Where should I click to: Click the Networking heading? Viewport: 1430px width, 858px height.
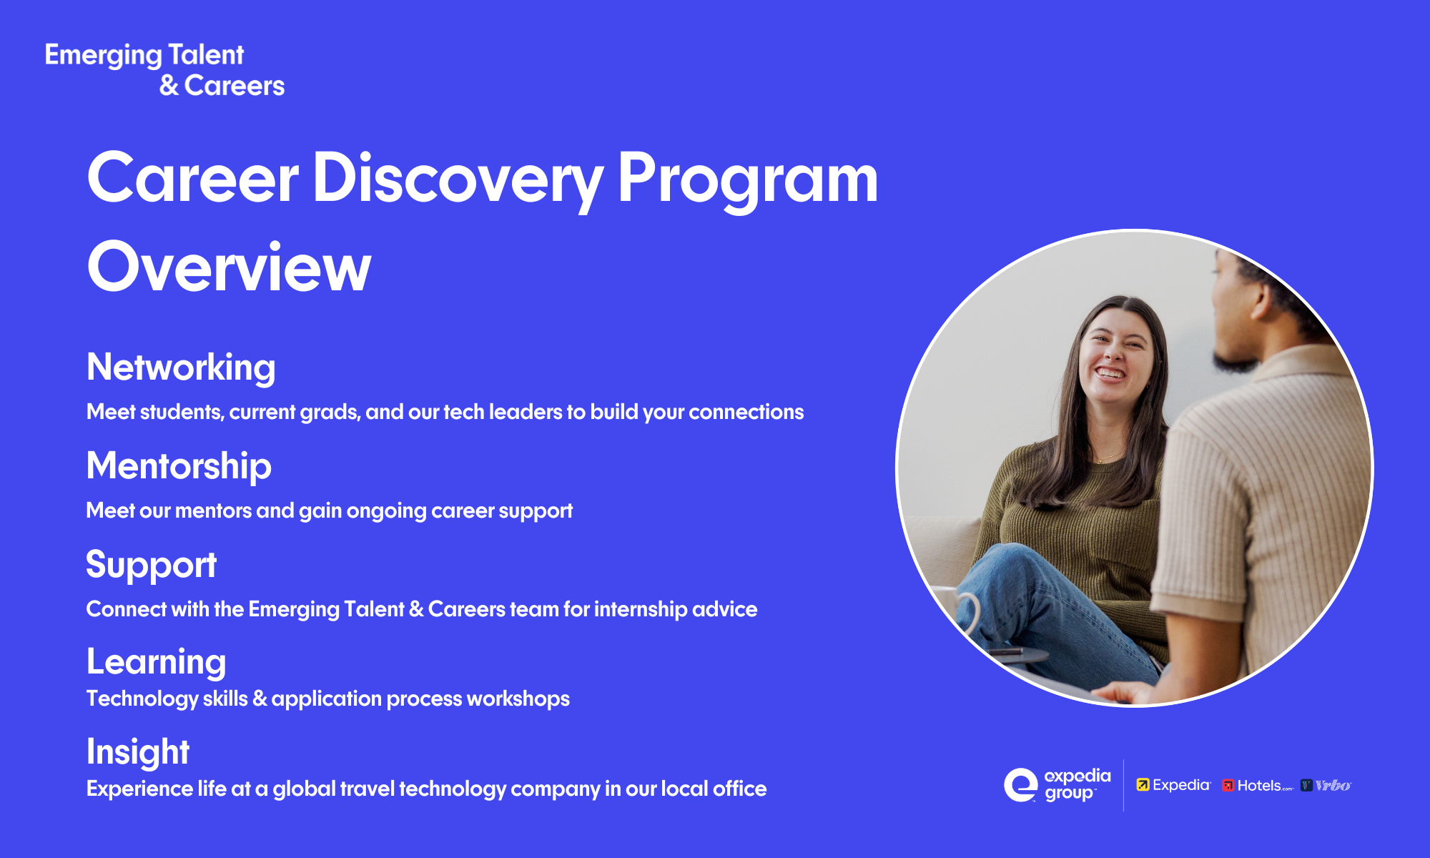pyautogui.click(x=181, y=368)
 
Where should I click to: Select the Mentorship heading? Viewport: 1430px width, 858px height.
pyautogui.click(x=179, y=466)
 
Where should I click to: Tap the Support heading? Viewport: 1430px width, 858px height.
pyautogui.click(x=151, y=565)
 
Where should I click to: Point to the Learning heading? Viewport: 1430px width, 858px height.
pyautogui.click(x=156, y=662)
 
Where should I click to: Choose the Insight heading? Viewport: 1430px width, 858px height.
pyautogui.click(x=138, y=752)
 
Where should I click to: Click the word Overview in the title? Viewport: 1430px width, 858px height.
pyautogui.click(x=229, y=267)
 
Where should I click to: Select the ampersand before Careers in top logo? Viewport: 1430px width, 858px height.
pyautogui.click(x=169, y=86)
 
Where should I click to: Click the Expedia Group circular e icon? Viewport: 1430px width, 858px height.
pyautogui.click(x=1020, y=785)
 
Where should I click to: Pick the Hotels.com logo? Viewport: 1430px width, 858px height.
pyautogui.click(x=1257, y=785)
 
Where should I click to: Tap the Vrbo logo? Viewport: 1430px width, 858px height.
pyautogui.click(x=1326, y=785)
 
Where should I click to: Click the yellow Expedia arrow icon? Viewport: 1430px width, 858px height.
pyautogui.click(x=1143, y=785)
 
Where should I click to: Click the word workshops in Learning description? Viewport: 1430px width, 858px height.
pyautogui.click(x=518, y=699)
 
